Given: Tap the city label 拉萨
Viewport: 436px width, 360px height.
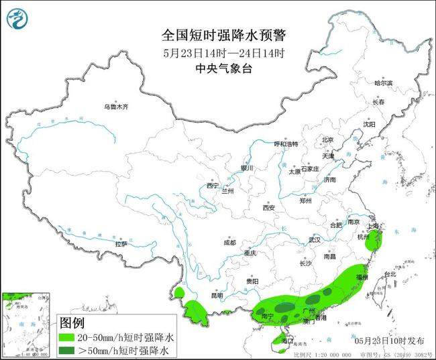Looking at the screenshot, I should tap(121, 244).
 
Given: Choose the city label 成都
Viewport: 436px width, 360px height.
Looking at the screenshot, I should tap(229, 242).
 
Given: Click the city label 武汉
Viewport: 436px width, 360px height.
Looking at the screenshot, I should tap(315, 239).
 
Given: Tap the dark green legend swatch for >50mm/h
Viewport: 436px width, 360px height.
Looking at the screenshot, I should tap(67, 351).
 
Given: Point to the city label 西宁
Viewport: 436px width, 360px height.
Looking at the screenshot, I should tap(213, 186).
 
